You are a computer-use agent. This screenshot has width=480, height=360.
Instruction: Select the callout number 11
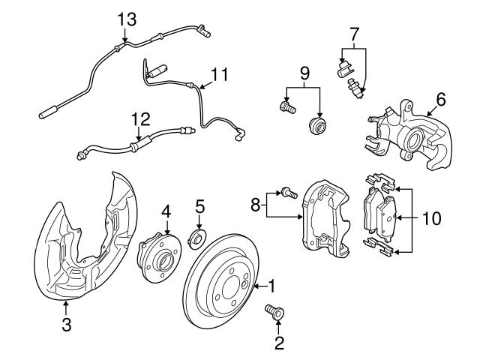pos(218,75)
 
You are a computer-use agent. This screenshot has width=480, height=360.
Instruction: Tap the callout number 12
pos(140,118)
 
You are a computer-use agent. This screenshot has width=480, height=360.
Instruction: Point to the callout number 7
pos(354,34)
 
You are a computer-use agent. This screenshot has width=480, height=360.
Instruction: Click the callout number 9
pos(304,73)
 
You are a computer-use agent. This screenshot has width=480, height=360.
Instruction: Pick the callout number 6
pos(440,97)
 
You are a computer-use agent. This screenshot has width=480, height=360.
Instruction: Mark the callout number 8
pos(256,204)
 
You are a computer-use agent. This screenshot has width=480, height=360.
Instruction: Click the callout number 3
pos(66,325)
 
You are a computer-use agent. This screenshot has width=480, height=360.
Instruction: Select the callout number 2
pos(279,343)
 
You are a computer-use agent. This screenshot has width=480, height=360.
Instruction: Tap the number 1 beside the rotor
pos(272,285)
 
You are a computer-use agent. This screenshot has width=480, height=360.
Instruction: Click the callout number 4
pos(167,211)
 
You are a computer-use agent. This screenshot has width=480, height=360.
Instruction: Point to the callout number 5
pos(199,205)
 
